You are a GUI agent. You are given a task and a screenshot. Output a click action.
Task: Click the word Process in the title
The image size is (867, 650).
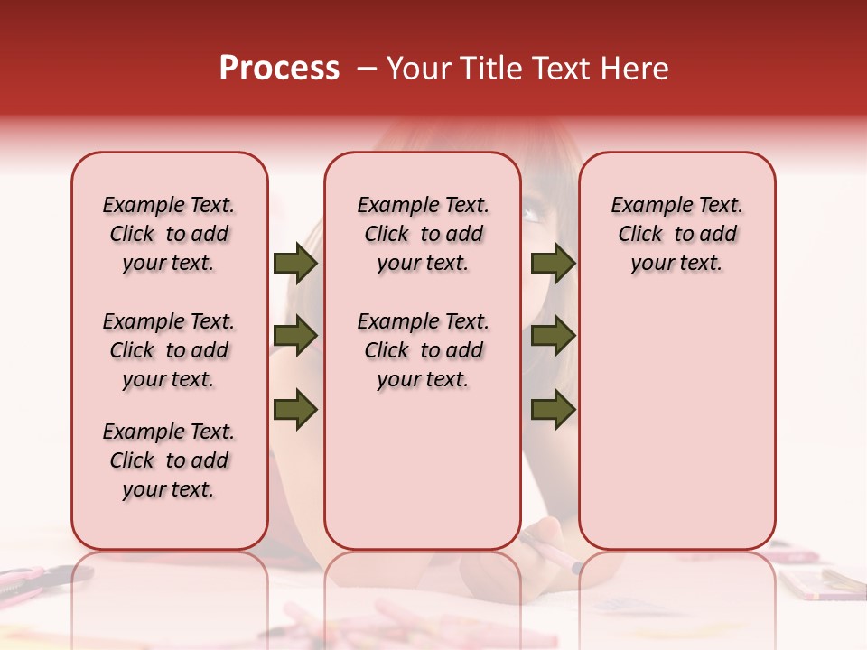pos(279,69)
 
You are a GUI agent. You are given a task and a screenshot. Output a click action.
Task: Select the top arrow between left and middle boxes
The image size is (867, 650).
pos(294,264)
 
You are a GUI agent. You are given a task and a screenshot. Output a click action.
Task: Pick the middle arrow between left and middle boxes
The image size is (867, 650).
pos(294,337)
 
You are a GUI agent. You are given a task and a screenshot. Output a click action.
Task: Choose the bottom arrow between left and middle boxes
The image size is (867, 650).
pos(294,410)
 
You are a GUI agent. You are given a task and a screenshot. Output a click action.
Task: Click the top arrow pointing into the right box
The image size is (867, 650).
pos(553,264)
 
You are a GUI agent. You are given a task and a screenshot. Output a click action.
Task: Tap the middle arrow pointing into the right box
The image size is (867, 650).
pos(553,337)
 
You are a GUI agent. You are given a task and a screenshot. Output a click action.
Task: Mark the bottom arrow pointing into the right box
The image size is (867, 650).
pos(553,410)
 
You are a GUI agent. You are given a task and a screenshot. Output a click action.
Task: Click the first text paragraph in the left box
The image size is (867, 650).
pos(169,234)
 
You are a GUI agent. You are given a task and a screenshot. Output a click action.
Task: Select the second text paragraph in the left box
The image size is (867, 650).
pos(169,350)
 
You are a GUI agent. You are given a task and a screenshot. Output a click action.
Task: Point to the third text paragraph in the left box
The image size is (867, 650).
pos(169,460)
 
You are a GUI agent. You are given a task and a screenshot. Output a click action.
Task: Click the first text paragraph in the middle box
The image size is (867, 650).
pos(423,234)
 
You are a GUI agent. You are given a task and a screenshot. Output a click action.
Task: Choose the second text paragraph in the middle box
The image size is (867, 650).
pos(423,350)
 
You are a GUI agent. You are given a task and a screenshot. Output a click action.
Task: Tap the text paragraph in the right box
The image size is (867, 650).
pos(677,234)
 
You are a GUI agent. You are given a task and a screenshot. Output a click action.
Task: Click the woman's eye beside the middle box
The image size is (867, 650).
pos(534,215)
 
